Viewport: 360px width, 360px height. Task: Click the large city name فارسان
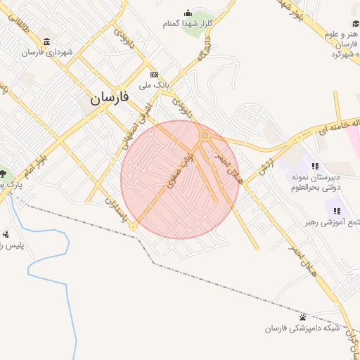[110, 98]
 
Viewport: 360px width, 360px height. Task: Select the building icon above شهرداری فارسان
[47, 40]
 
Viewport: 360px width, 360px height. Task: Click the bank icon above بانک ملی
[155, 75]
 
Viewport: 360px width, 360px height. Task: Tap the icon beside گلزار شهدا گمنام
[188, 13]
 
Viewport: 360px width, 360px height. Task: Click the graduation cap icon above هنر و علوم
[355, 24]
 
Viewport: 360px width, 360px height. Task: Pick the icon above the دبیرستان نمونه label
[315, 167]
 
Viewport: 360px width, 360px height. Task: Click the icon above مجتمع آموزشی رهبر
[337, 210]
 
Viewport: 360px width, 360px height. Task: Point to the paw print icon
[303, 317]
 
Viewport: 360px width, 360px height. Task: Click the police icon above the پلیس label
[6, 234]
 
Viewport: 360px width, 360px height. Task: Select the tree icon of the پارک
[4, 174]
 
